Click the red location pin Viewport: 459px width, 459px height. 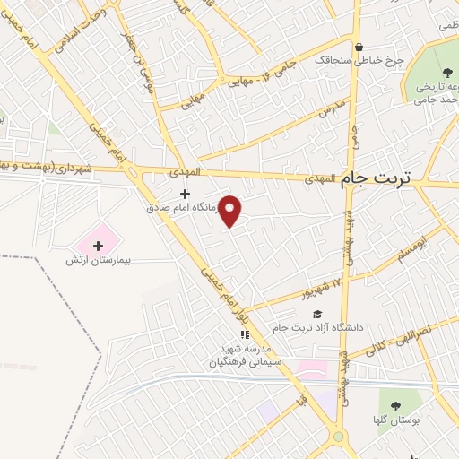tap(230, 210)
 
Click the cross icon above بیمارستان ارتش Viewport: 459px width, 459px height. tap(99, 245)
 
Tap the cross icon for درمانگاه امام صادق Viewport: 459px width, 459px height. tap(186, 194)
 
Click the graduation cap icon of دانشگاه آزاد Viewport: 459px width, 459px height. tap(316, 314)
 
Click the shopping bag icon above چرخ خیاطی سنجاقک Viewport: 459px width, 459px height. tap(359, 48)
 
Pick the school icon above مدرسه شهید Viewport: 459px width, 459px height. tap(245, 335)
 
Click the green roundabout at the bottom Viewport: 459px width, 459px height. tap(339, 437)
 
